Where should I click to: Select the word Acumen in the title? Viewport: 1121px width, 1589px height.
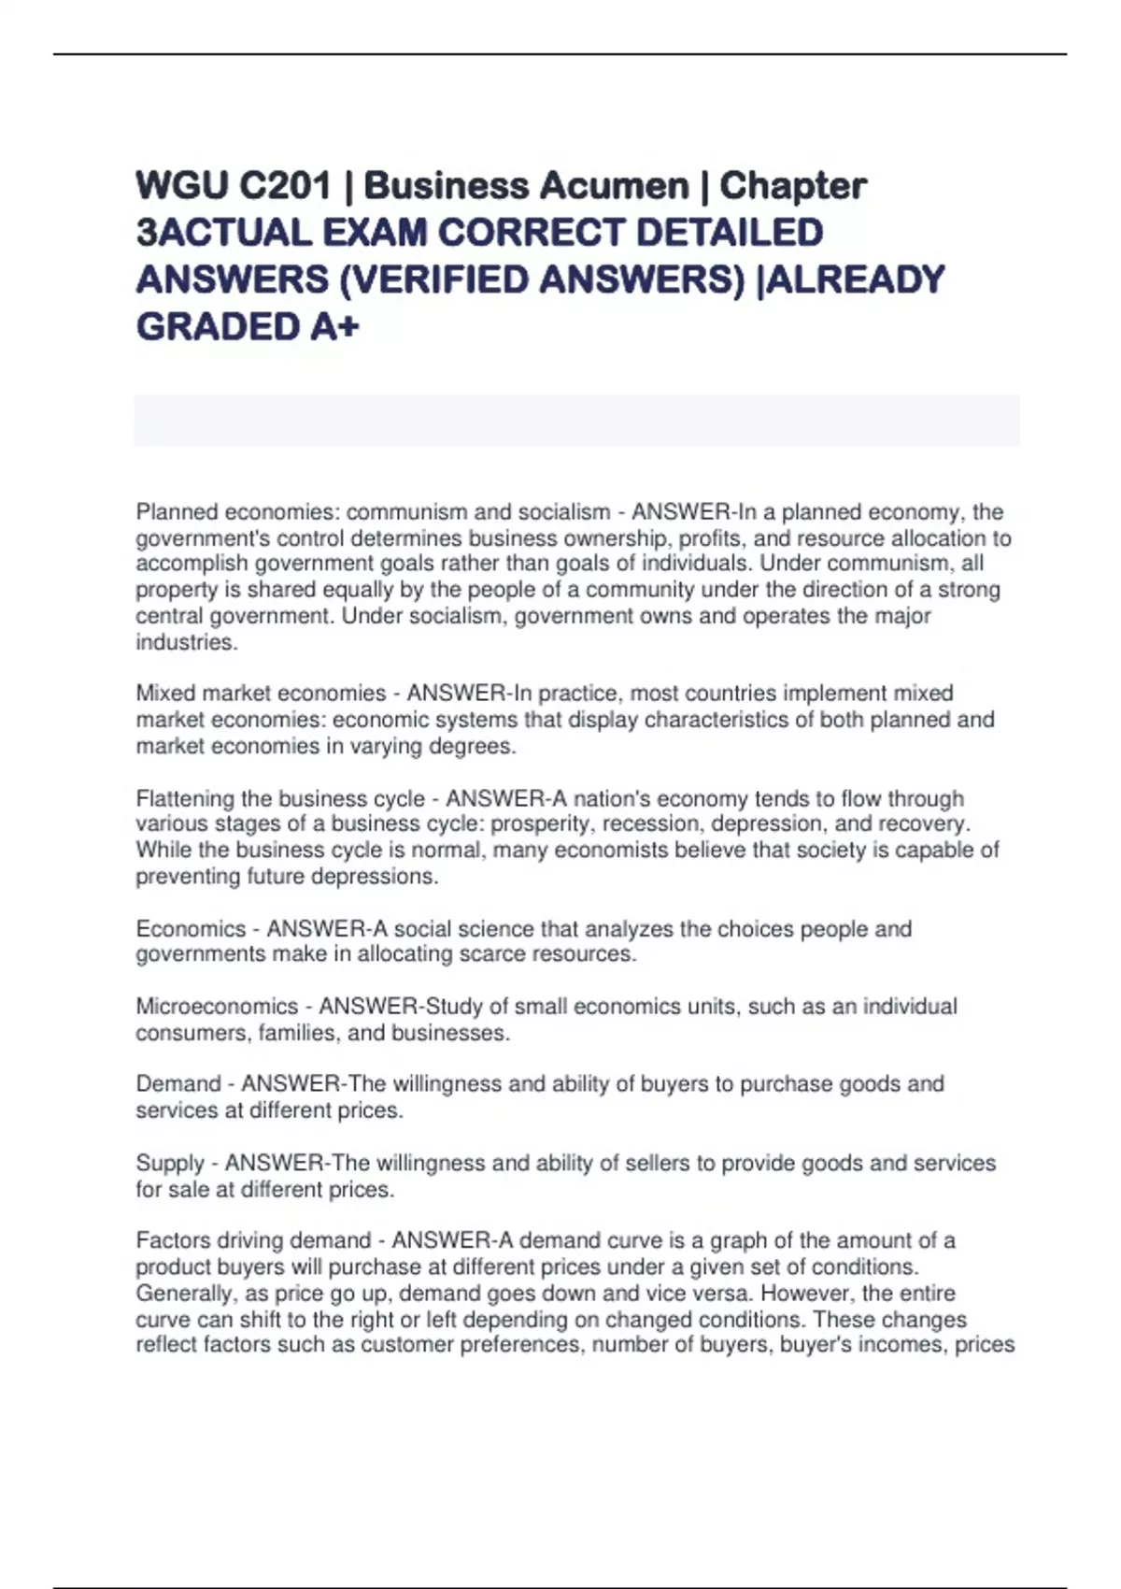coord(618,186)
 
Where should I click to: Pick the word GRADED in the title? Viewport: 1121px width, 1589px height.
coord(214,327)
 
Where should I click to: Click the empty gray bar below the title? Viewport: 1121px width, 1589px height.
coord(576,420)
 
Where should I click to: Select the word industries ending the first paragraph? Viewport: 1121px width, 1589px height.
coord(185,642)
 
